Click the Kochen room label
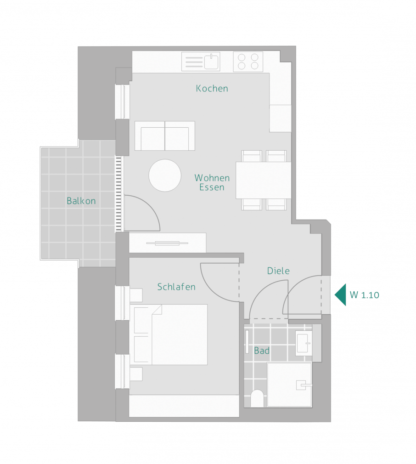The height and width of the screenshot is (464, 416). pos(212,88)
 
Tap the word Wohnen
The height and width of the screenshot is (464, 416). pos(212,178)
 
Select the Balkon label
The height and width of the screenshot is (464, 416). pos(81,201)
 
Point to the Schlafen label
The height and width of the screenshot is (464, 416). pos(176,287)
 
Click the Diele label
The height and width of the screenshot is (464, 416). pos(278,271)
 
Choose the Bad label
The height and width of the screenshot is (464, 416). pos(262,351)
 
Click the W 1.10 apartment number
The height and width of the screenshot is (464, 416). pos(364,295)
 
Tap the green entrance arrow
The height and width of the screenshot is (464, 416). pos(341,295)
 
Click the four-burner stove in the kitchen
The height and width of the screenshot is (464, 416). pos(248,62)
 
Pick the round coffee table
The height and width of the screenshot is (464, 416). pos(165,175)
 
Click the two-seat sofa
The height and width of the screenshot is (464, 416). pos(165,136)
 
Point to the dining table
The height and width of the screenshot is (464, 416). pos(264,180)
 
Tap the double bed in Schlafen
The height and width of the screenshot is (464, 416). pos(171,334)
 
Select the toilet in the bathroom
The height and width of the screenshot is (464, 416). pos(257,398)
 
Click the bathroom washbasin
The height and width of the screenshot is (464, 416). pos(304,343)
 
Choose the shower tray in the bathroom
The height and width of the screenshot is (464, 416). pos(289,385)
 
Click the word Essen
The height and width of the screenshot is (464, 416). pos(212,187)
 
